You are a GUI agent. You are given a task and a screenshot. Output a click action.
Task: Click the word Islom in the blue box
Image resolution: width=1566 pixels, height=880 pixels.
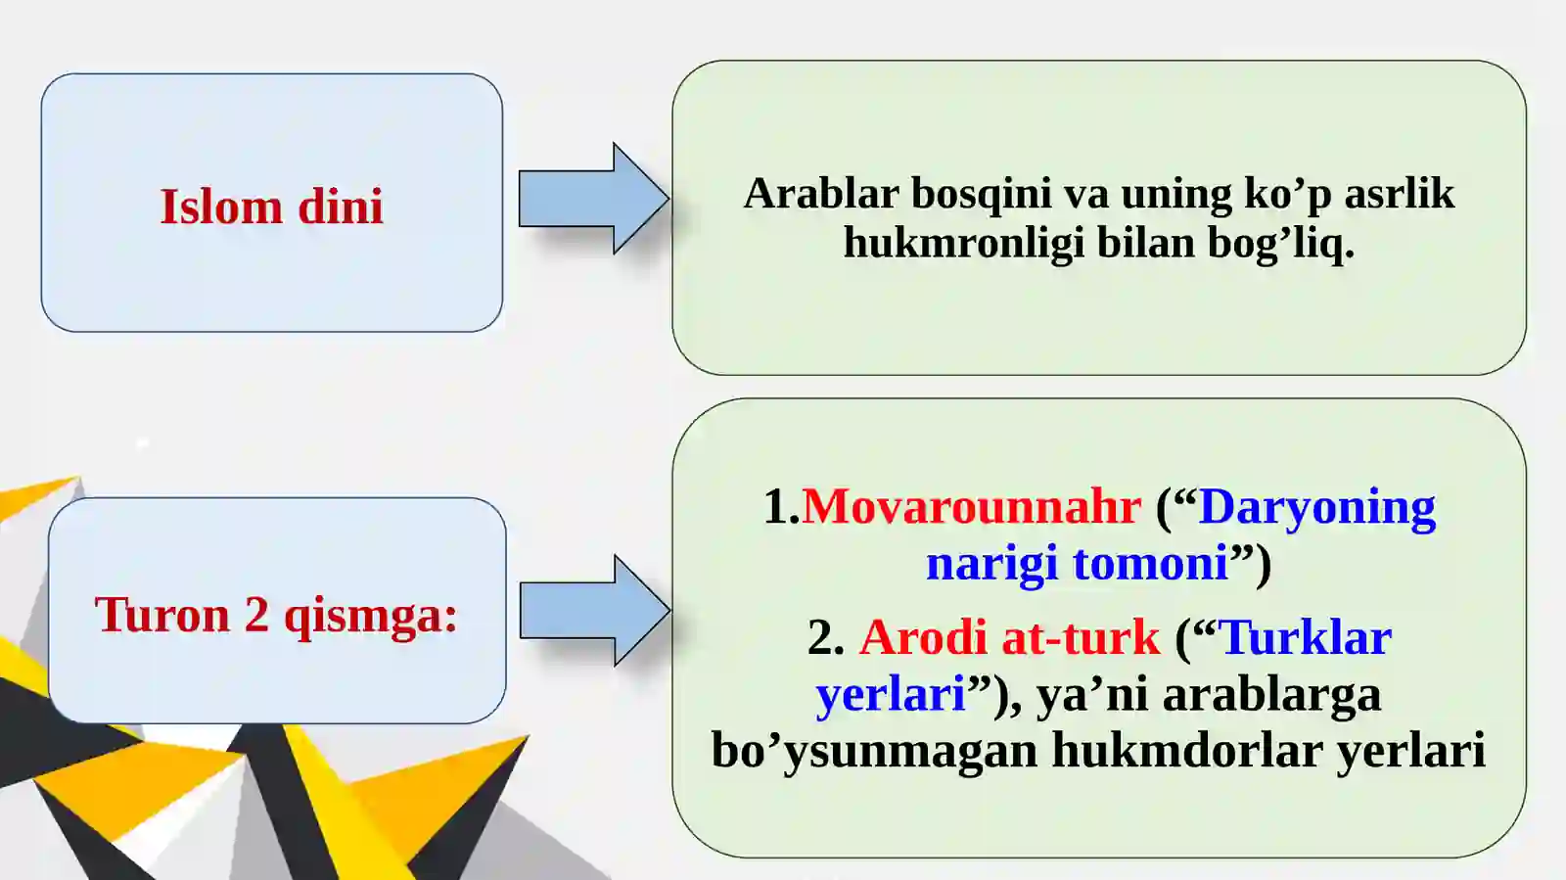[x=221, y=208]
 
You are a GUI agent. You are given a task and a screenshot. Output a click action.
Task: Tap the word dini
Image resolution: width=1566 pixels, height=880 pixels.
[x=340, y=208]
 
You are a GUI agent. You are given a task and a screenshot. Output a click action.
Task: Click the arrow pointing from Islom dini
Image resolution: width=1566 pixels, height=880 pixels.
[x=590, y=199]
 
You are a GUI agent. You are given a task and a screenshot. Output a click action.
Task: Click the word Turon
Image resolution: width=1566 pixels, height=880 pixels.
[x=161, y=616]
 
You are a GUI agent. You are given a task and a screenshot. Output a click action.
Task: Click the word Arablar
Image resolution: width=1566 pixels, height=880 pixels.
[x=820, y=194]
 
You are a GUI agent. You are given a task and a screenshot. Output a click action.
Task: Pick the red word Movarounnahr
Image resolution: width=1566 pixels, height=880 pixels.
[x=971, y=507]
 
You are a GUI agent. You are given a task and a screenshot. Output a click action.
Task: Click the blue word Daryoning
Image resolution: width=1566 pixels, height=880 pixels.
[x=1316, y=508]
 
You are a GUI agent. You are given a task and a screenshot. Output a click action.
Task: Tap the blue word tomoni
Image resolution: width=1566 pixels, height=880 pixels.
[x=1150, y=564]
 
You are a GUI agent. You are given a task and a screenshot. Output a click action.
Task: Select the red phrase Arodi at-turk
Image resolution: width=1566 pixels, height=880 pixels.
[x=1009, y=638]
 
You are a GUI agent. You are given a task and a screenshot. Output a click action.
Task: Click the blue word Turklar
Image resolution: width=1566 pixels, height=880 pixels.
[x=1306, y=638]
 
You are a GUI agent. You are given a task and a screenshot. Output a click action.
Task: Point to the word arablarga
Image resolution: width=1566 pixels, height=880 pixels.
[x=1271, y=695]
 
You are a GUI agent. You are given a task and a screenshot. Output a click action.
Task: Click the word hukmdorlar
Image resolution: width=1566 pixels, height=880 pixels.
[x=1187, y=751]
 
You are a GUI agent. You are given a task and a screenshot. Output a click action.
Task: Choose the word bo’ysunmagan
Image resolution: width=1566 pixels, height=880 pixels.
[x=874, y=752]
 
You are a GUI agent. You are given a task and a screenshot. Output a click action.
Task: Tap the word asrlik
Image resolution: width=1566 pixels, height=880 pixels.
[x=1399, y=194]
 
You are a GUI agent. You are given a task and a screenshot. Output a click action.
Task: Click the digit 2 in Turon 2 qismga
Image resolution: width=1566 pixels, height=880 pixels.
[x=256, y=616]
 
